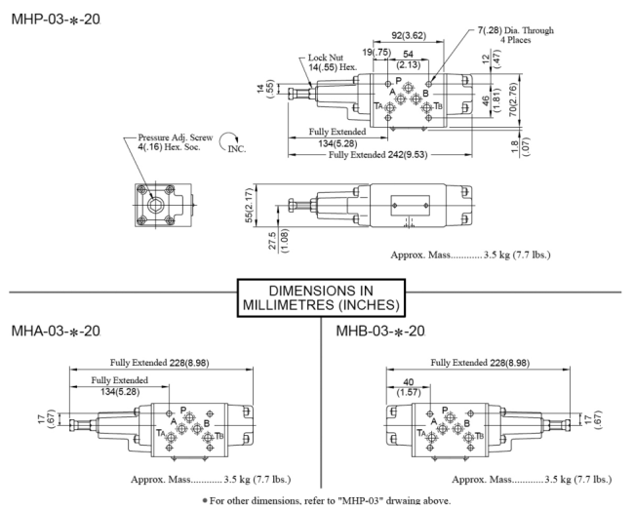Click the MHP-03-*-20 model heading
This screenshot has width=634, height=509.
point(56,20)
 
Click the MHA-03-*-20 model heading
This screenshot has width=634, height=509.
point(56,332)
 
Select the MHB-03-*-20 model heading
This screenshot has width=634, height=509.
point(380,332)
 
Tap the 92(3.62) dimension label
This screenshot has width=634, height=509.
point(409,35)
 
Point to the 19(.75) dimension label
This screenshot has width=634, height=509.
point(376,52)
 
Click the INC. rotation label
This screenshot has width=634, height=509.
point(237,149)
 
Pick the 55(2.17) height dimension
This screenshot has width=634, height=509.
point(250,205)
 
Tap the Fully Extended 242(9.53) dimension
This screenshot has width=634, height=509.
point(377,155)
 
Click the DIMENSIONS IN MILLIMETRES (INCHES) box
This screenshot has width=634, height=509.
point(321,298)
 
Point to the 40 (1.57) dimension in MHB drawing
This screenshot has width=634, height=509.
point(409,387)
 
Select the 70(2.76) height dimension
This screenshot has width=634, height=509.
point(513,99)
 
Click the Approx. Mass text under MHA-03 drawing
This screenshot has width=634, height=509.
point(211,480)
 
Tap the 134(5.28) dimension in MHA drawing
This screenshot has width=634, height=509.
point(120,391)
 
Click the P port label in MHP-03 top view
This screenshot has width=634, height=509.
point(398,81)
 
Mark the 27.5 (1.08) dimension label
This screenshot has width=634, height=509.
point(278,241)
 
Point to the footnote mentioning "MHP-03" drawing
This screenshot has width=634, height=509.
point(327,501)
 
